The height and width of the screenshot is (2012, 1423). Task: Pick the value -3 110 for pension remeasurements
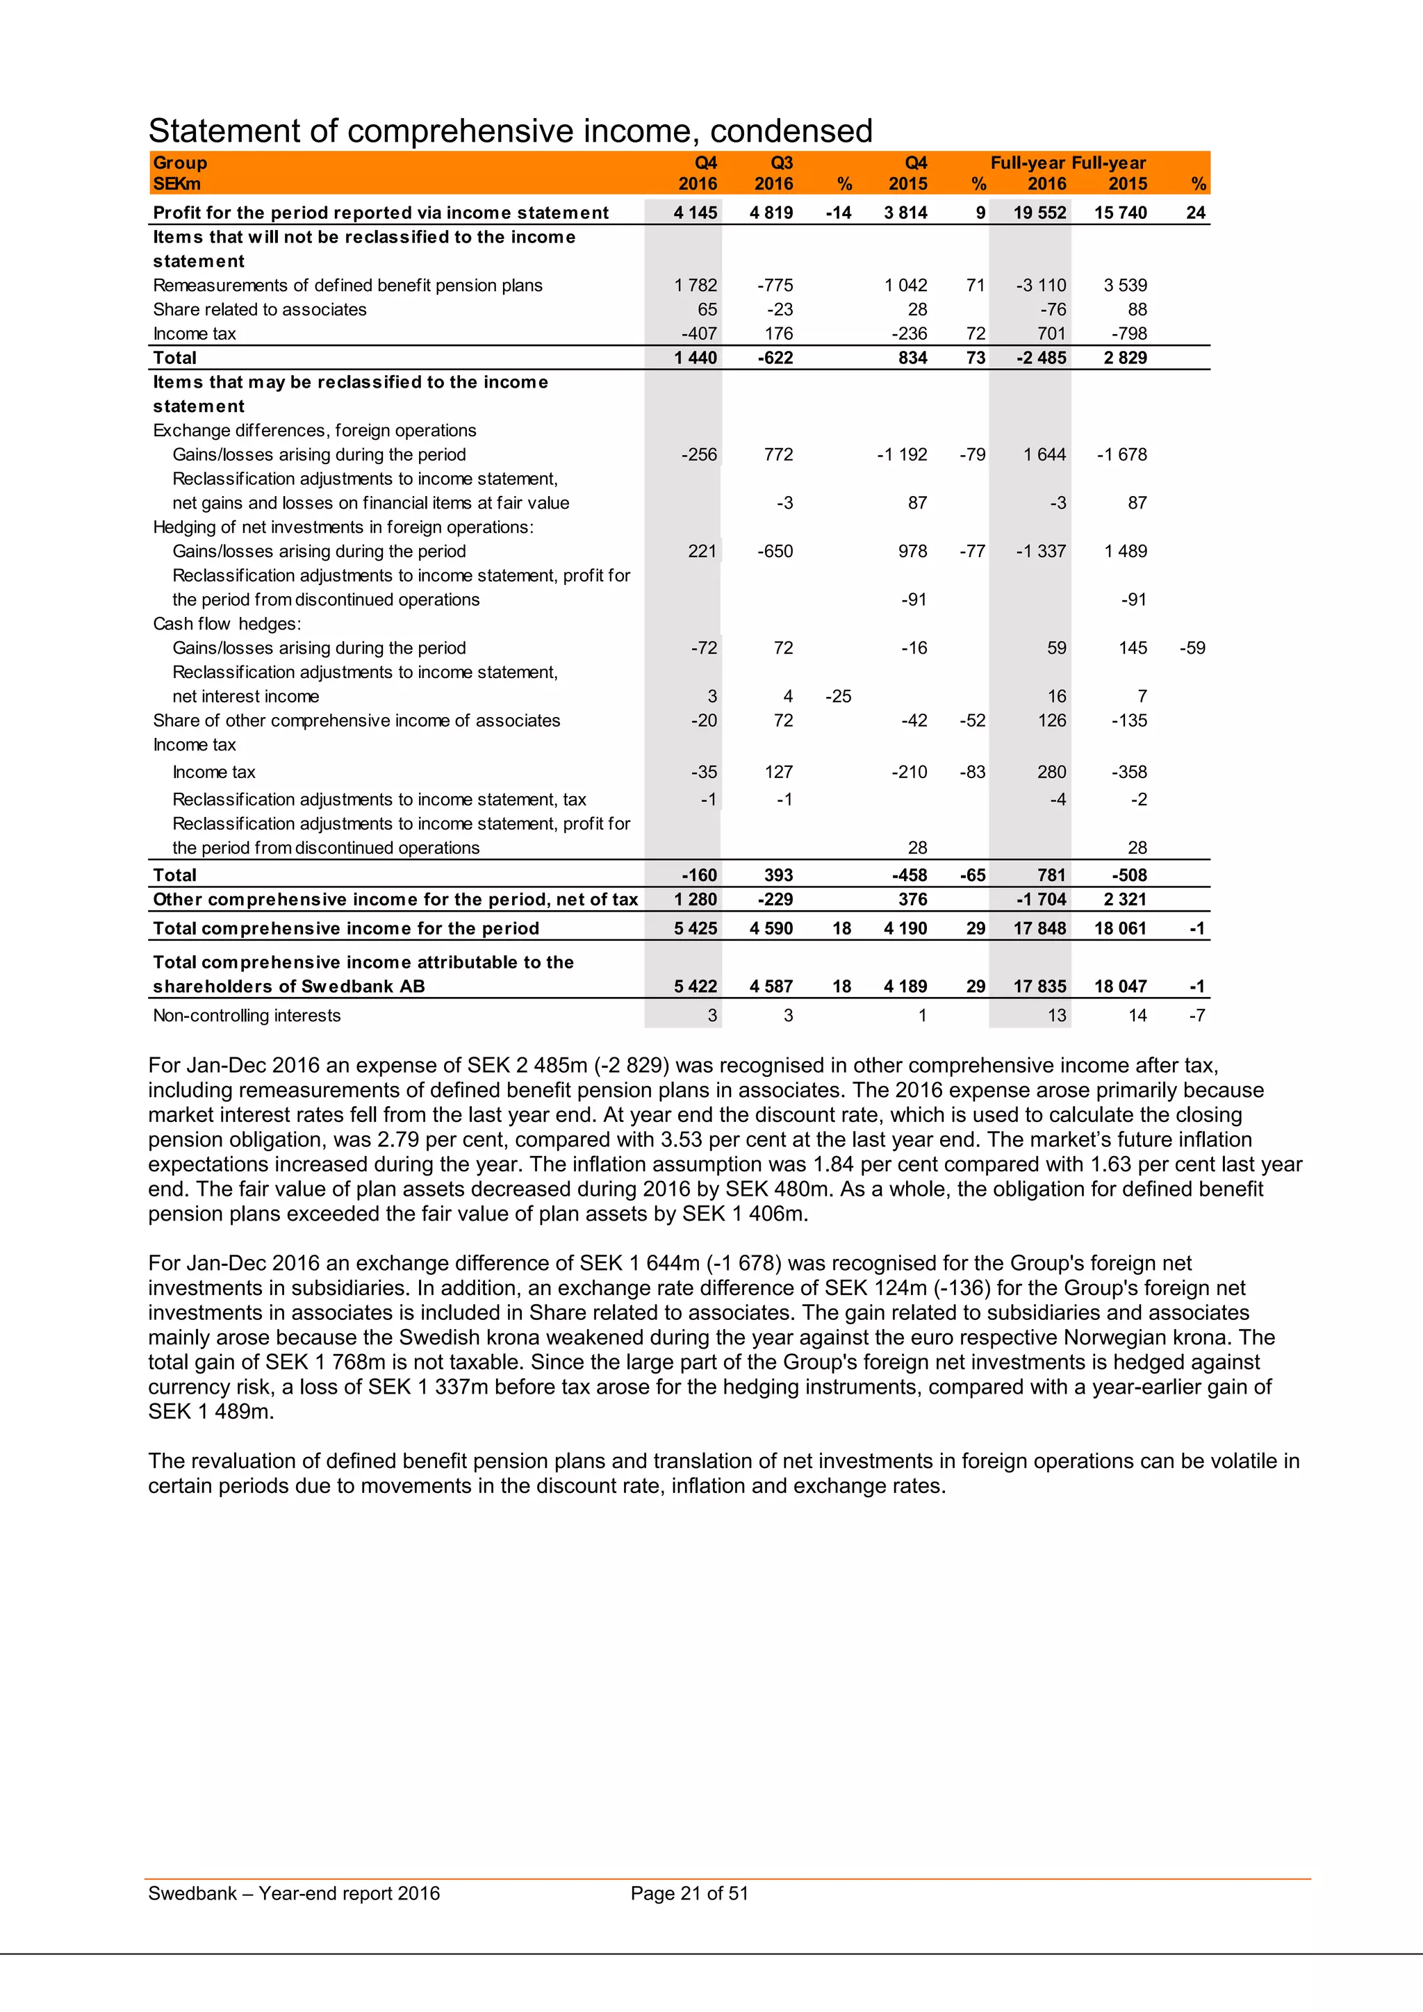pyautogui.click(x=1041, y=286)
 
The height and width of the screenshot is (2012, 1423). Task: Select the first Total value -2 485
pyautogui.click(x=1041, y=358)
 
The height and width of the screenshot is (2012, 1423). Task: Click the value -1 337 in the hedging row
pyautogui.click(x=1041, y=551)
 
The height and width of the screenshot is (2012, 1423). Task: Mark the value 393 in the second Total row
pyautogui.click(x=778, y=875)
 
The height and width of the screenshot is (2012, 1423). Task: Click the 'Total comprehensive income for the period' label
pyautogui.click(x=345, y=929)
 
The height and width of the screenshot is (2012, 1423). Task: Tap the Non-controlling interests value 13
pyautogui.click(x=1057, y=1016)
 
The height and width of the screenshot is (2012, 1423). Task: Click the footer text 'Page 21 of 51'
pyautogui.click(x=689, y=1894)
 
